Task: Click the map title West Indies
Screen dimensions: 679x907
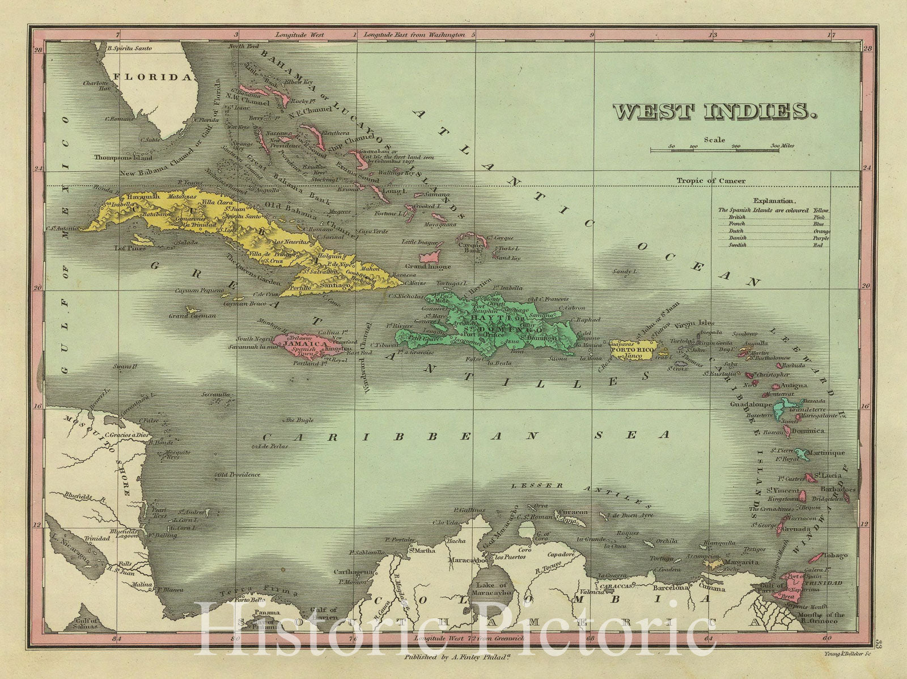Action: pyautogui.click(x=714, y=111)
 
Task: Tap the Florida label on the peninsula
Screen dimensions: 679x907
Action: pyautogui.click(x=152, y=77)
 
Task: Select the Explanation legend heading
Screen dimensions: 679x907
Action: pyautogui.click(x=774, y=200)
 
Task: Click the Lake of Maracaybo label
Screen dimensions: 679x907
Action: pyautogui.click(x=492, y=589)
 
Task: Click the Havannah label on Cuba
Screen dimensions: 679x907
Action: pyautogui.click(x=131, y=196)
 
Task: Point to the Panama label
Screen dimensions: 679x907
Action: pyautogui.click(x=266, y=613)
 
